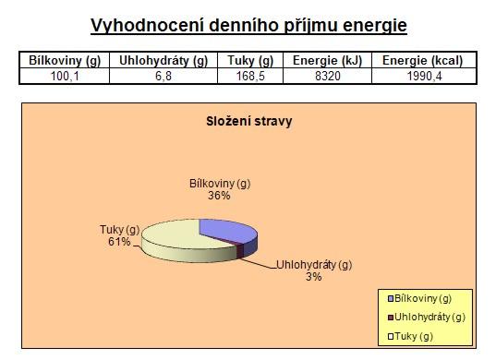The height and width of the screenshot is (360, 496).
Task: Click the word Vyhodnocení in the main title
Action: pos(147,26)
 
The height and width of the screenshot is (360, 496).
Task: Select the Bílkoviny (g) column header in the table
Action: pos(65,60)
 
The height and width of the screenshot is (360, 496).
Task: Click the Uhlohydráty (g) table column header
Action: pos(163,60)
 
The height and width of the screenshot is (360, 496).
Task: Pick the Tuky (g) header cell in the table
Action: pos(250,60)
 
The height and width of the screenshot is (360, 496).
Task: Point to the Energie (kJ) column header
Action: pos(327,60)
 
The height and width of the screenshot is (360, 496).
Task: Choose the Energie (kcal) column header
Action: pos(422,60)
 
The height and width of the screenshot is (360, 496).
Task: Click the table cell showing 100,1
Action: pos(65,77)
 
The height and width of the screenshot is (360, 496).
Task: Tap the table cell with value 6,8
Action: pos(163,77)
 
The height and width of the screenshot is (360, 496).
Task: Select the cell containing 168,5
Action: pos(250,77)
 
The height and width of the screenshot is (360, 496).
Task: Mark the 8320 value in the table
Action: pos(327,77)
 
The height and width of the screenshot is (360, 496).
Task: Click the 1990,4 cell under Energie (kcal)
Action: pos(424,77)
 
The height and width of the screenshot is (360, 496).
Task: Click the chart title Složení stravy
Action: pos(249,121)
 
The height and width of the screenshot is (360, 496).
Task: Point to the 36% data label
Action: pos(219,196)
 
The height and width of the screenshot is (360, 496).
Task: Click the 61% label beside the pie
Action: pos(119,242)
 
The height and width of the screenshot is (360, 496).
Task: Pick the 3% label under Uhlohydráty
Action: pos(313,277)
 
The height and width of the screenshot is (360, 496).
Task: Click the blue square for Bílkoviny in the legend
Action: pos(391,299)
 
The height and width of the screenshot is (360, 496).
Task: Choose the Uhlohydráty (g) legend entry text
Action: pos(429,317)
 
